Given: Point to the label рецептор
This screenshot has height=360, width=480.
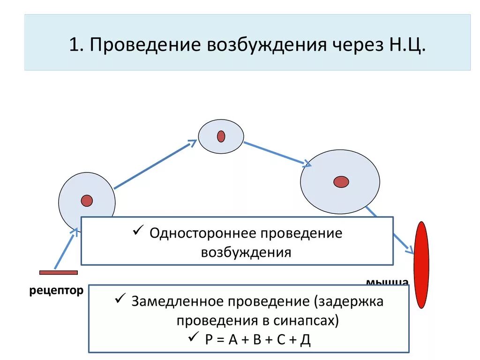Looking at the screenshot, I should point(56,291).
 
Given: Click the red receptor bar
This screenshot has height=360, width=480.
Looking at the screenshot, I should point(59,272).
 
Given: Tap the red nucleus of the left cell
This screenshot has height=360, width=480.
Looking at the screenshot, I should point(87,201).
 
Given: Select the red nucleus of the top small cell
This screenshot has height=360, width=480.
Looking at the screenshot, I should point(221,136).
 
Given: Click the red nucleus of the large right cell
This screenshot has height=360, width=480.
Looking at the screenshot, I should point(341,181).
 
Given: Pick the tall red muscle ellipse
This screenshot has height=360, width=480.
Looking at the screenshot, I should point(422,265).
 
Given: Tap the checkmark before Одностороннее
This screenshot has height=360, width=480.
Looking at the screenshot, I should point(138,231).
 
